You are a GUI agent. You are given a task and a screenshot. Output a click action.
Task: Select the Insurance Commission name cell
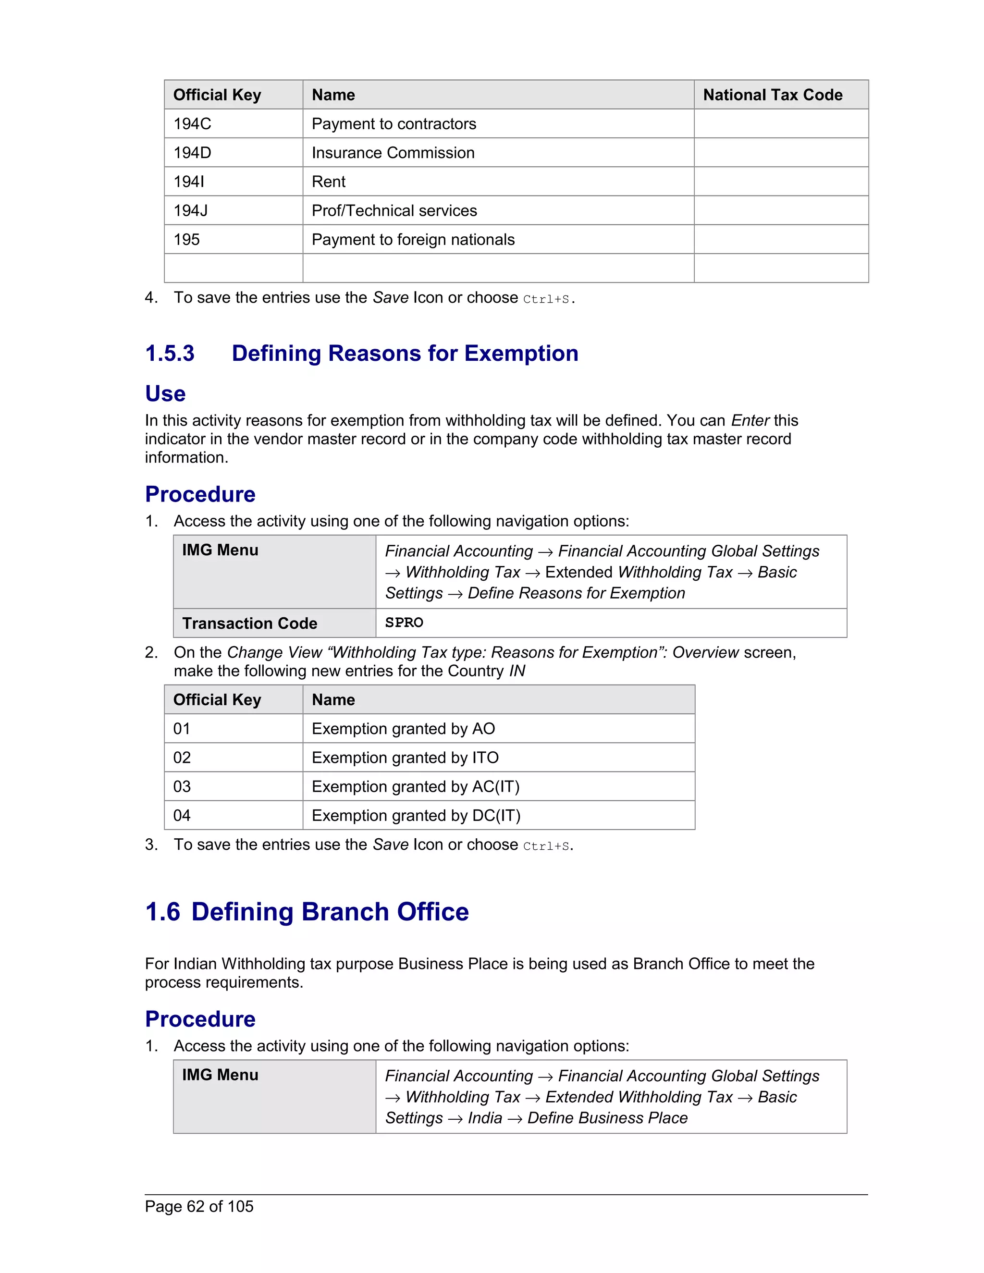tap(393, 153)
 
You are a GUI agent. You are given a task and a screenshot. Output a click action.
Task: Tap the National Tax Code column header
tap(773, 95)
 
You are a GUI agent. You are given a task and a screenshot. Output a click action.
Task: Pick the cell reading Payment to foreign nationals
tap(413, 240)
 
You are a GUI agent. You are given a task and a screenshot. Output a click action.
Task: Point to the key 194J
tap(191, 210)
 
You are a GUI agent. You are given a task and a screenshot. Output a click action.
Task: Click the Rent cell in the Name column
tap(329, 182)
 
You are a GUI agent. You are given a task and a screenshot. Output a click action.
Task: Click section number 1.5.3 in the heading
tap(170, 353)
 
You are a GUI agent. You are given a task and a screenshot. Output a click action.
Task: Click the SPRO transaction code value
tap(404, 623)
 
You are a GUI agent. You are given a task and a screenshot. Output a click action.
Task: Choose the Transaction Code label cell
tap(249, 623)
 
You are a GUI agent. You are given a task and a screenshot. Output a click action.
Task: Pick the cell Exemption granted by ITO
tap(405, 758)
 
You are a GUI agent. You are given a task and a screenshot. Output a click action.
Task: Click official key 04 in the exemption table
tap(182, 816)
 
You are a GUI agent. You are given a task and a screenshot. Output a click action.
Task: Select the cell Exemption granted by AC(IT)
tap(415, 787)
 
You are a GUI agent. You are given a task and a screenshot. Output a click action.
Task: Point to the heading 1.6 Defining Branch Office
tap(307, 912)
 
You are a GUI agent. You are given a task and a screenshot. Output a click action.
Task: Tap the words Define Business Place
tap(607, 1118)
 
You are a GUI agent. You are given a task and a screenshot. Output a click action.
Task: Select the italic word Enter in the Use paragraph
tap(750, 420)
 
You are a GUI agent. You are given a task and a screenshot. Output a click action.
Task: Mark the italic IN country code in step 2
tap(517, 671)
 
